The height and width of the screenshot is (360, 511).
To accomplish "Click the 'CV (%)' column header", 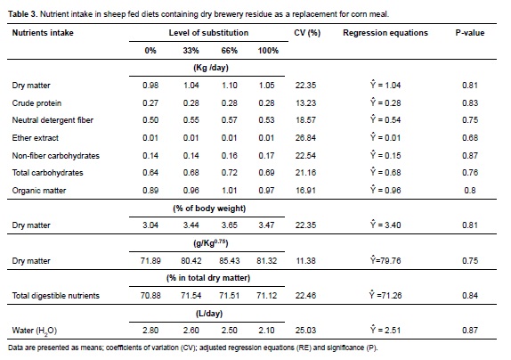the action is [x=307, y=33].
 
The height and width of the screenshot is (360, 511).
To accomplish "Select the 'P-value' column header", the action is [x=470, y=33].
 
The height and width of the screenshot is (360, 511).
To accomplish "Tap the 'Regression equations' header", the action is [x=385, y=33].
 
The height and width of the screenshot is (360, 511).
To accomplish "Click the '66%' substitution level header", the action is [x=229, y=51].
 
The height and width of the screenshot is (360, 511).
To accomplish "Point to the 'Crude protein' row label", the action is [x=36, y=103].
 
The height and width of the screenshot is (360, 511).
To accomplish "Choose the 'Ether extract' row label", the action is [x=36, y=138].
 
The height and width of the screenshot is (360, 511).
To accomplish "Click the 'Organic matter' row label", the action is [x=39, y=191].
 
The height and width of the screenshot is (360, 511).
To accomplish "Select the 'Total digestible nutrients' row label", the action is [x=56, y=296].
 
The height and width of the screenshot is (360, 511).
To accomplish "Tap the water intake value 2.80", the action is [x=150, y=331].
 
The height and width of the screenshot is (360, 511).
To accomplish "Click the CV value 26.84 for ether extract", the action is [x=305, y=138].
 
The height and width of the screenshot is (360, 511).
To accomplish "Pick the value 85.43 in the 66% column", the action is [x=229, y=261].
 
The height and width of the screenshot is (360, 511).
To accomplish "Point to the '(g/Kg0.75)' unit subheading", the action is [x=210, y=243].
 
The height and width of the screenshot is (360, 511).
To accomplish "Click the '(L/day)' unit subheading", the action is [x=209, y=314].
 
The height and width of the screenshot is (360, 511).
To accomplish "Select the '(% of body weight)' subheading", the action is [x=209, y=209].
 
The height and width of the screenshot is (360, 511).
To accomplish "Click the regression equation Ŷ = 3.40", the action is [x=385, y=225].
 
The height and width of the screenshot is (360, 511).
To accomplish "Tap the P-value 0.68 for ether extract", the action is [x=470, y=138].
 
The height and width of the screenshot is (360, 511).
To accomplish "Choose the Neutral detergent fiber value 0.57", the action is [x=229, y=120].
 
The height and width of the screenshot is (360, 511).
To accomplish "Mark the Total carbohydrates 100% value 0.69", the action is [x=266, y=173].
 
